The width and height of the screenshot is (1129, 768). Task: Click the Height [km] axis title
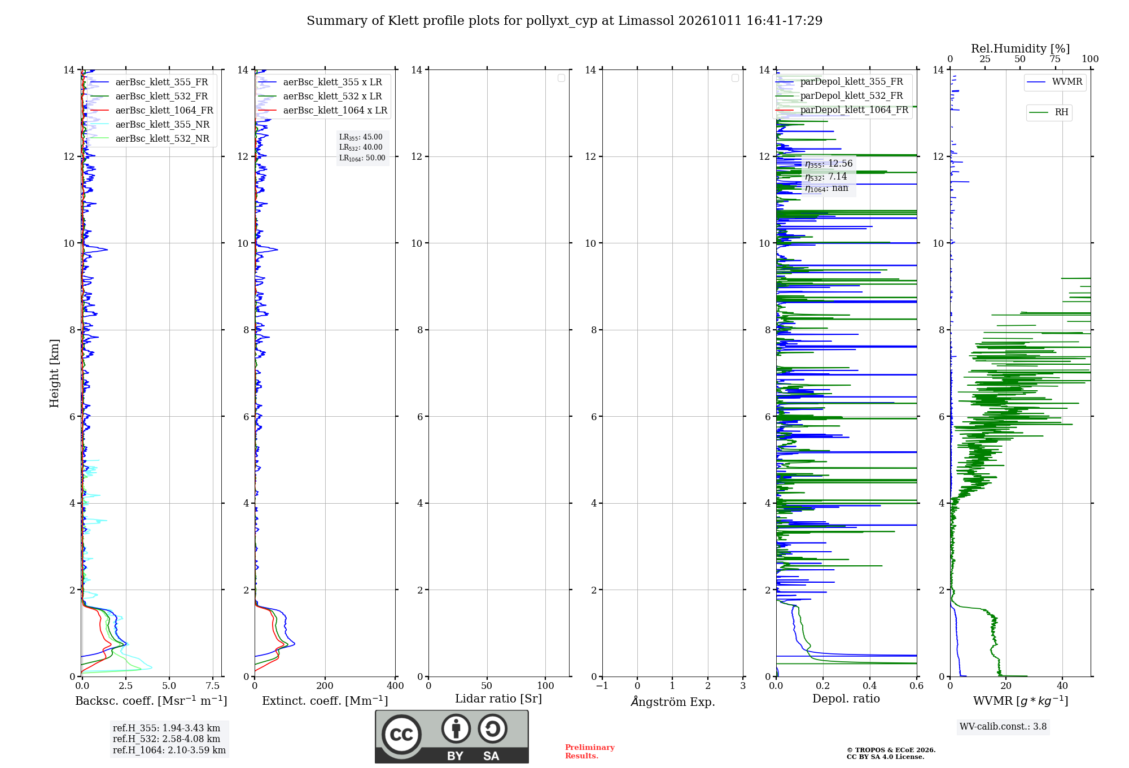click(x=54, y=373)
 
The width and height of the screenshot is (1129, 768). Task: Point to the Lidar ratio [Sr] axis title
click(x=498, y=699)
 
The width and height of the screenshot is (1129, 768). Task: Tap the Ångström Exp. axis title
click(x=673, y=701)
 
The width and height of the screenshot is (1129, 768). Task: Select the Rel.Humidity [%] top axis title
click(x=1021, y=49)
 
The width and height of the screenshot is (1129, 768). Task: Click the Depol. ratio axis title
click(x=846, y=699)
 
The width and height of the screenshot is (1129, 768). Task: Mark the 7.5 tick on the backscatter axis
click(x=213, y=686)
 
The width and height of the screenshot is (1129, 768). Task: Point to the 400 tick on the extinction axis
click(x=395, y=686)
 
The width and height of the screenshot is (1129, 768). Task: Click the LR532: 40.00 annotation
click(x=361, y=147)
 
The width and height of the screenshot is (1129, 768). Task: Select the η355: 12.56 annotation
click(x=829, y=164)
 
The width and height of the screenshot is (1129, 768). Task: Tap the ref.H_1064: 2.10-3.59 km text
click(x=169, y=750)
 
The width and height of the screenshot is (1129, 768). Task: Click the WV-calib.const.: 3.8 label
click(x=1003, y=727)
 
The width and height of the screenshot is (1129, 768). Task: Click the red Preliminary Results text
click(x=590, y=752)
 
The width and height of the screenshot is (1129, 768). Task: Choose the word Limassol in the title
click(x=646, y=21)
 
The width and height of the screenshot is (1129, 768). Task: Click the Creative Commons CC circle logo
click(x=401, y=735)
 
